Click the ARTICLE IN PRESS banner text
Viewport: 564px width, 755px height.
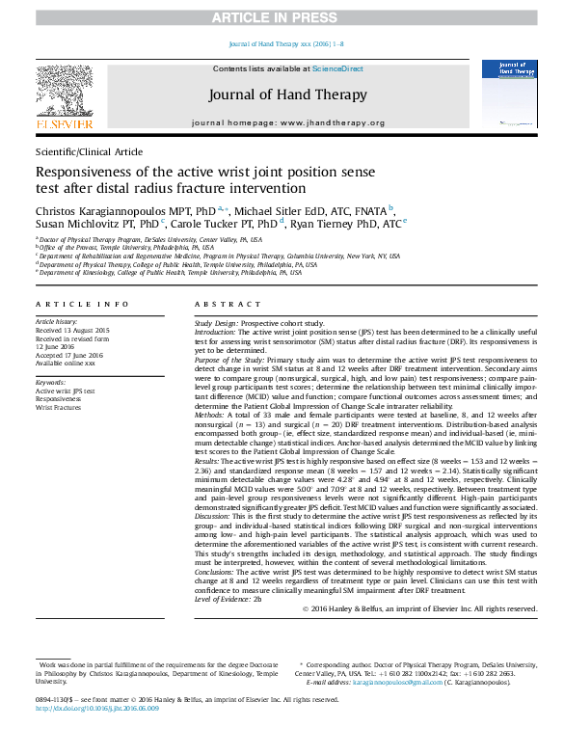[x=281, y=18]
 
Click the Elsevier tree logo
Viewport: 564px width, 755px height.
[x=65, y=92]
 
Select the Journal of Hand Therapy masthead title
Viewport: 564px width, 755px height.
[x=287, y=94]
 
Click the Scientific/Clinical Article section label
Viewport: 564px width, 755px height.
[x=89, y=152]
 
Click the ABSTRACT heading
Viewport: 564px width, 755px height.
[x=220, y=304]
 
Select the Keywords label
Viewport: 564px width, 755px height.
[x=50, y=383]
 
